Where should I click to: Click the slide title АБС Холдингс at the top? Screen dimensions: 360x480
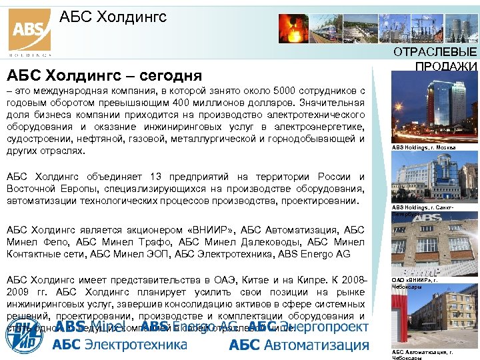tap(113, 17)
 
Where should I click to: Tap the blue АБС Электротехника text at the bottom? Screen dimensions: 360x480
tap(120, 345)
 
